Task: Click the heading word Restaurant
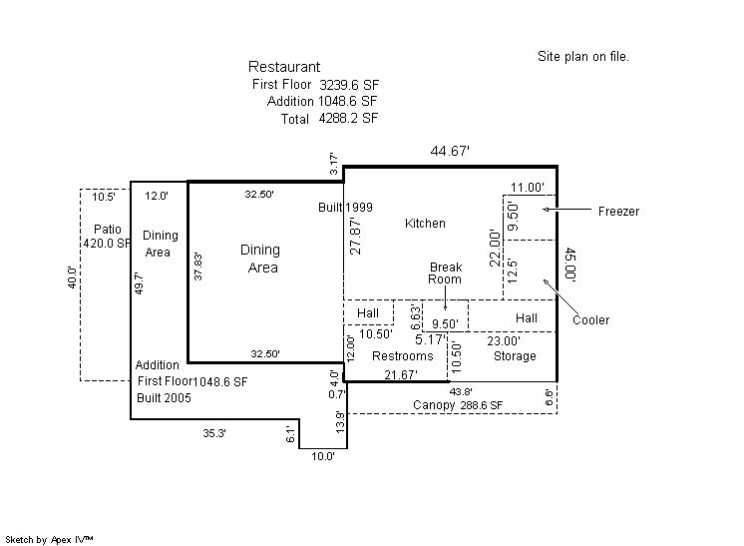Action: tap(284, 67)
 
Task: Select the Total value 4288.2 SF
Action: tap(348, 118)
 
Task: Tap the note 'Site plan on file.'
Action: tap(583, 57)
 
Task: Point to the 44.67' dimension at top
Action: tap(450, 151)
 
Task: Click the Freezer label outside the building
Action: tap(618, 212)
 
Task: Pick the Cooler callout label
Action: tap(590, 320)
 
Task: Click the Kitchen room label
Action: tap(425, 224)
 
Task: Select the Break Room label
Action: tap(446, 273)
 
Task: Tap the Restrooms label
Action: tap(403, 356)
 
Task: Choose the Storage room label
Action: tap(515, 356)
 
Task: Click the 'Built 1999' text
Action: tap(345, 207)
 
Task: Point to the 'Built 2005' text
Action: tap(163, 398)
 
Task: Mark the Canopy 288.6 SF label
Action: tap(458, 405)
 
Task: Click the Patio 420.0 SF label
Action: tap(107, 237)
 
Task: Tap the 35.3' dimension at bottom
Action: tap(214, 433)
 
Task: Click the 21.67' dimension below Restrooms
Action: tap(400, 374)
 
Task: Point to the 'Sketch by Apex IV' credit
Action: tap(50, 539)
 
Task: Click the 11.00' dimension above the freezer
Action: tap(527, 187)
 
